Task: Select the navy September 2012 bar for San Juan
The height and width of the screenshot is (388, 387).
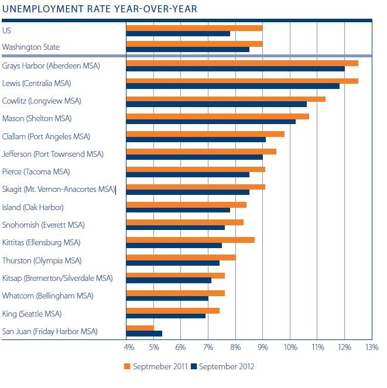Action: point(144,334)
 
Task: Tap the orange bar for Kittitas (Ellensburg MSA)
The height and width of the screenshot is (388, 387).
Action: point(190,239)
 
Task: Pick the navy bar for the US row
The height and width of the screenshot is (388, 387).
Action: point(178,33)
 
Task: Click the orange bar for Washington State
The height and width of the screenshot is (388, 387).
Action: point(194,43)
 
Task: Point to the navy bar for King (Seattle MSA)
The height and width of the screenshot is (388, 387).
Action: point(166,317)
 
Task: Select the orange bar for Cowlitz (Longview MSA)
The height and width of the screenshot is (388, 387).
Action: point(225,98)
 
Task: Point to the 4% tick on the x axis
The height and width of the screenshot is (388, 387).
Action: point(129,347)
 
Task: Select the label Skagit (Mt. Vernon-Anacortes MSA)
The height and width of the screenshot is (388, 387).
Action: point(59,189)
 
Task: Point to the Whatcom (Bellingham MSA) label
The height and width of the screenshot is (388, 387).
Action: point(48,296)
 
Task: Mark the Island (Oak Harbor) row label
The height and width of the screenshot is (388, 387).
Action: point(33,207)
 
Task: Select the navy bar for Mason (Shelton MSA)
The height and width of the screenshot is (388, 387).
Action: point(211,122)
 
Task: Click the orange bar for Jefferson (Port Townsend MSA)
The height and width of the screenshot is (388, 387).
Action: point(201,151)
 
